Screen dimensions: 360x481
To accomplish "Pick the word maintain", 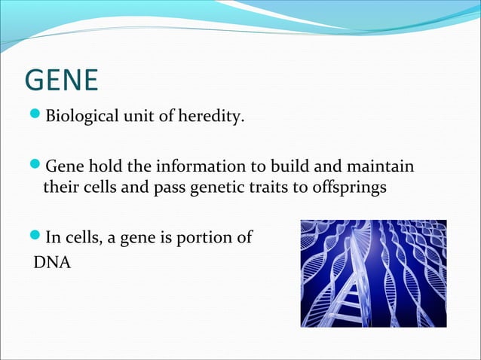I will tap(381, 166).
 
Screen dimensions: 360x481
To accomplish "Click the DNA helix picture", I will tap(373, 273).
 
